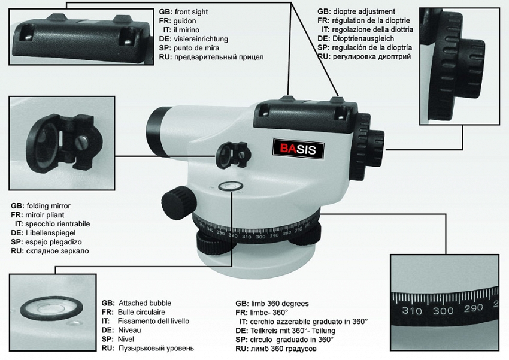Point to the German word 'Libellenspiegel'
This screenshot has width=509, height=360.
tap(51, 232)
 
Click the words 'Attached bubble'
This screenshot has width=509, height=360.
tap(144, 303)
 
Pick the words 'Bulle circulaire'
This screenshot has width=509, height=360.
tap(141, 312)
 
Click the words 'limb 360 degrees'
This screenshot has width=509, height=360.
tap(279, 303)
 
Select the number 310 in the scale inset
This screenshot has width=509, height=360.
tap(412, 311)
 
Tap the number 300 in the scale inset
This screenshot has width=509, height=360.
tap(443, 310)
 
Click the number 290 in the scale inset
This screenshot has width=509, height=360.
tap(474, 308)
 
